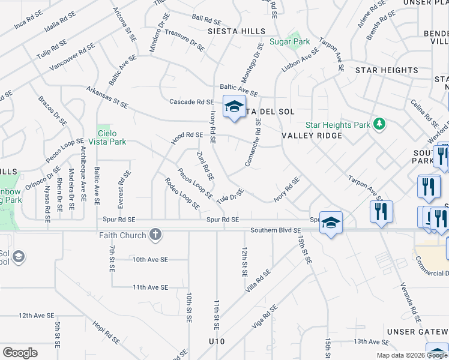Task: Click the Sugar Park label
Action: point(289,42)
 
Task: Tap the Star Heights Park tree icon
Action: point(379,124)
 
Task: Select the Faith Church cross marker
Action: point(155,235)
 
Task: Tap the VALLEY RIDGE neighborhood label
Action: point(312,136)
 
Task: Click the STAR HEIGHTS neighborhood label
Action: point(387,70)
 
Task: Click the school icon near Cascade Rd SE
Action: point(234,107)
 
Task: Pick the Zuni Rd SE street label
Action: point(205,166)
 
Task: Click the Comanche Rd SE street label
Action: point(252,143)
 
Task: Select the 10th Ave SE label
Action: point(150,260)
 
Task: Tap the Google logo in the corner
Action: point(20,352)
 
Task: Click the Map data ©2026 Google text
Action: point(411,355)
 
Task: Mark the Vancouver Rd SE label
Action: point(72,58)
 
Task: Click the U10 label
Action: point(217,341)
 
